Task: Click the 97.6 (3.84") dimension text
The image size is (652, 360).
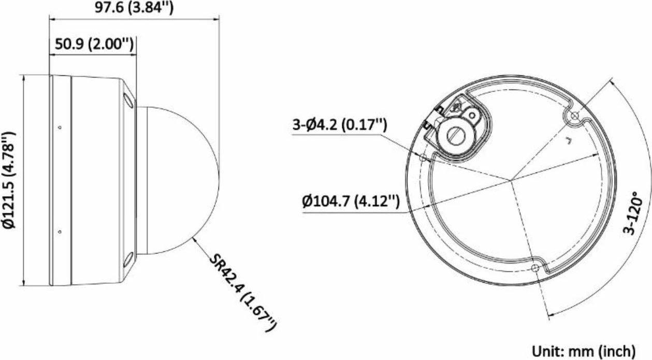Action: (134, 8)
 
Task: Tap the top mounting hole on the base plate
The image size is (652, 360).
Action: (573, 117)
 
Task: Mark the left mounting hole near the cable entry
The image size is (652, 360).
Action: (423, 157)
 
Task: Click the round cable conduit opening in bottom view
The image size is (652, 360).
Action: (454, 134)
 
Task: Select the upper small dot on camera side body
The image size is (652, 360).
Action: (60, 127)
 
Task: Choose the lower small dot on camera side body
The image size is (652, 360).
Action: (60, 232)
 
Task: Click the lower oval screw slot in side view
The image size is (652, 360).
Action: (128, 260)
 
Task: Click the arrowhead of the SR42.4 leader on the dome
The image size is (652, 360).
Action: (194, 239)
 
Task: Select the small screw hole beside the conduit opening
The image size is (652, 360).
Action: (472, 113)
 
